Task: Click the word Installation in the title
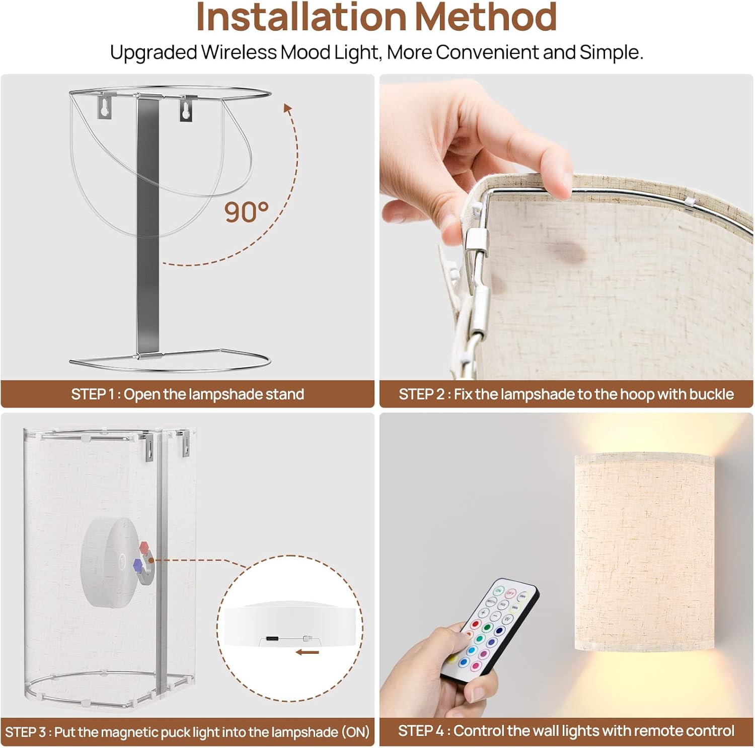(301, 17)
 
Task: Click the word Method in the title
(486, 17)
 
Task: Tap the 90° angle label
(246, 212)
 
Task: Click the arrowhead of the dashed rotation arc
(287, 109)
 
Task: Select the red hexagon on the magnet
(144, 547)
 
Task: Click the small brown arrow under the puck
(308, 653)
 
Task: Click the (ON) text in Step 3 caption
(355, 732)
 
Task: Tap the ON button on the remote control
(498, 590)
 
